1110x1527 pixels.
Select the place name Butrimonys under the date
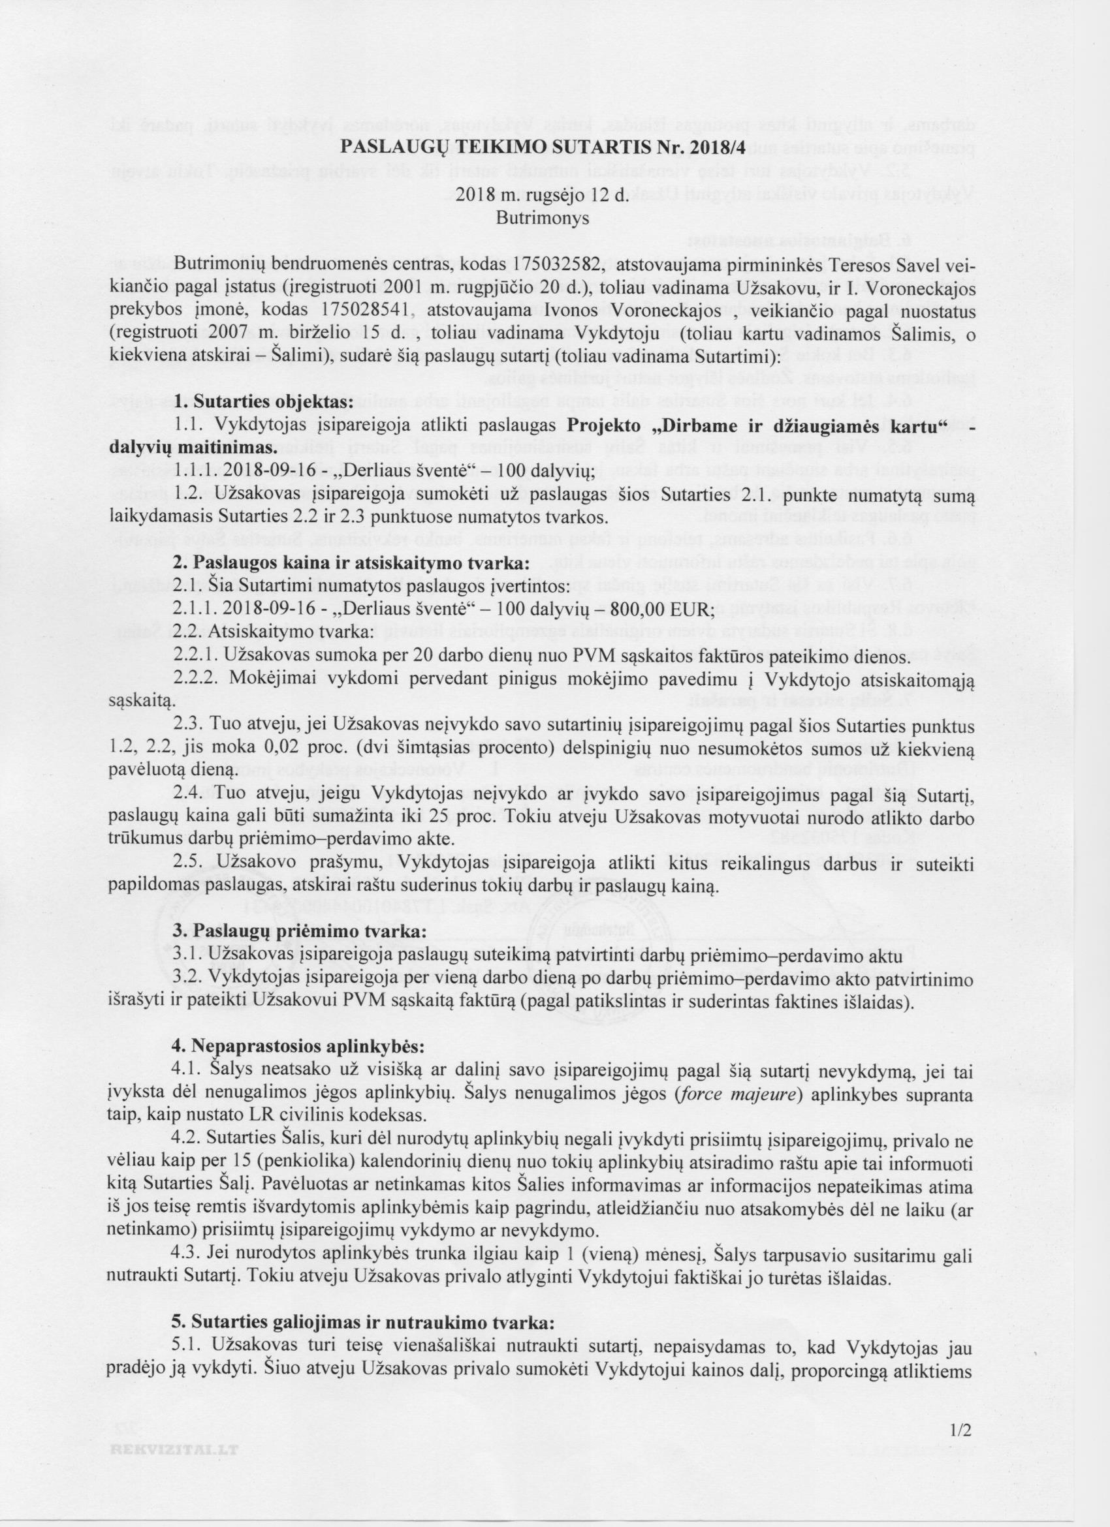(543, 218)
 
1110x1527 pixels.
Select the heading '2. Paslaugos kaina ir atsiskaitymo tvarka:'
(351, 563)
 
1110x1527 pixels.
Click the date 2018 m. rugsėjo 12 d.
(543, 194)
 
